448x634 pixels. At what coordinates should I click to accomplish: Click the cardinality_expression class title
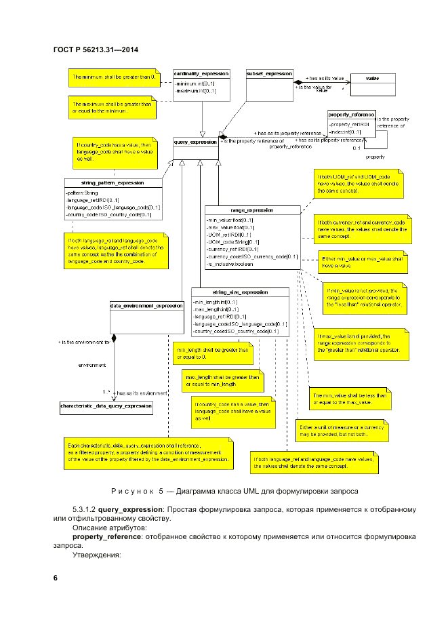pyautogui.click(x=201, y=73)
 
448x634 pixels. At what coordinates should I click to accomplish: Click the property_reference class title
pyautogui.click(x=351, y=115)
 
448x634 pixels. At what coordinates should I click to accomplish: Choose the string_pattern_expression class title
pyautogui.click(x=113, y=183)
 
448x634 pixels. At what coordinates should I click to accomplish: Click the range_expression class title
pyautogui.click(x=251, y=211)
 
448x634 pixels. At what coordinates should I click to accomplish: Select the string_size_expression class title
pyautogui.click(x=240, y=292)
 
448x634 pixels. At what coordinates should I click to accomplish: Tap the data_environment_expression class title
pyautogui.click(x=146, y=306)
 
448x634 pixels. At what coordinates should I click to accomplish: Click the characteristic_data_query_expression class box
pyautogui.click(x=106, y=406)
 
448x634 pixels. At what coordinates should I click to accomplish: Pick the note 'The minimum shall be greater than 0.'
pyautogui.click(x=113, y=77)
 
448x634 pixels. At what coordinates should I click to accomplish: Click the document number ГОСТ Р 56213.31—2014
pyautogui.click(x=96, y=50)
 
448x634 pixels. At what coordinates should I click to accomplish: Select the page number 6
pyautogui.click(x=56, y=578)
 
